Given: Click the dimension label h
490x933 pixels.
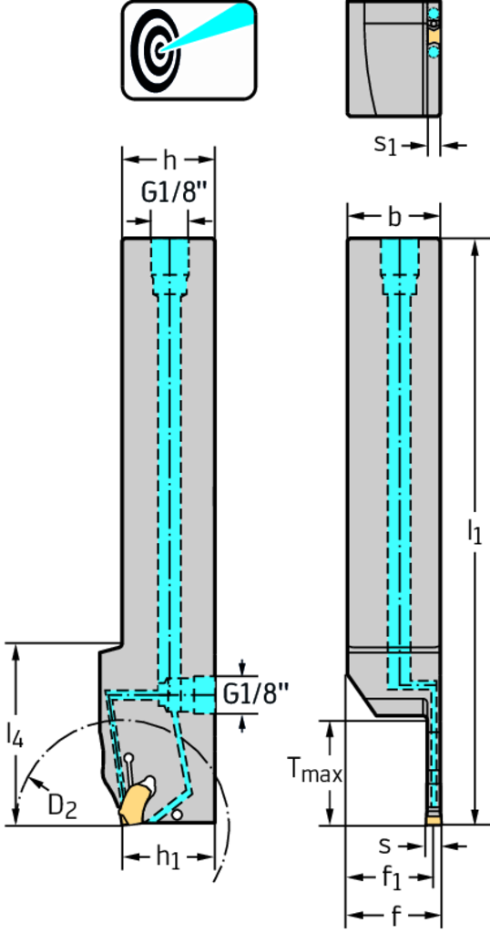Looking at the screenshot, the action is pyautogui.click(x=170, y=159).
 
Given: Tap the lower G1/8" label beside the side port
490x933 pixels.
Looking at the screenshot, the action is pyautogui.click(x=256, y=693).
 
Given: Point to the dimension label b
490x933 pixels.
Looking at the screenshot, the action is pyautogui.click(x=393, y=217).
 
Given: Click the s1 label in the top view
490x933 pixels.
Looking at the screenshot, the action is pyautogui.click(x=384, y=145).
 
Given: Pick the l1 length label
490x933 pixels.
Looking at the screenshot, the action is pyautogui.click(x=474, y=531).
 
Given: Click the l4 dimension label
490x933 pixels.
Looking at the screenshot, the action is pyautogui.click(x=15, y=733).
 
